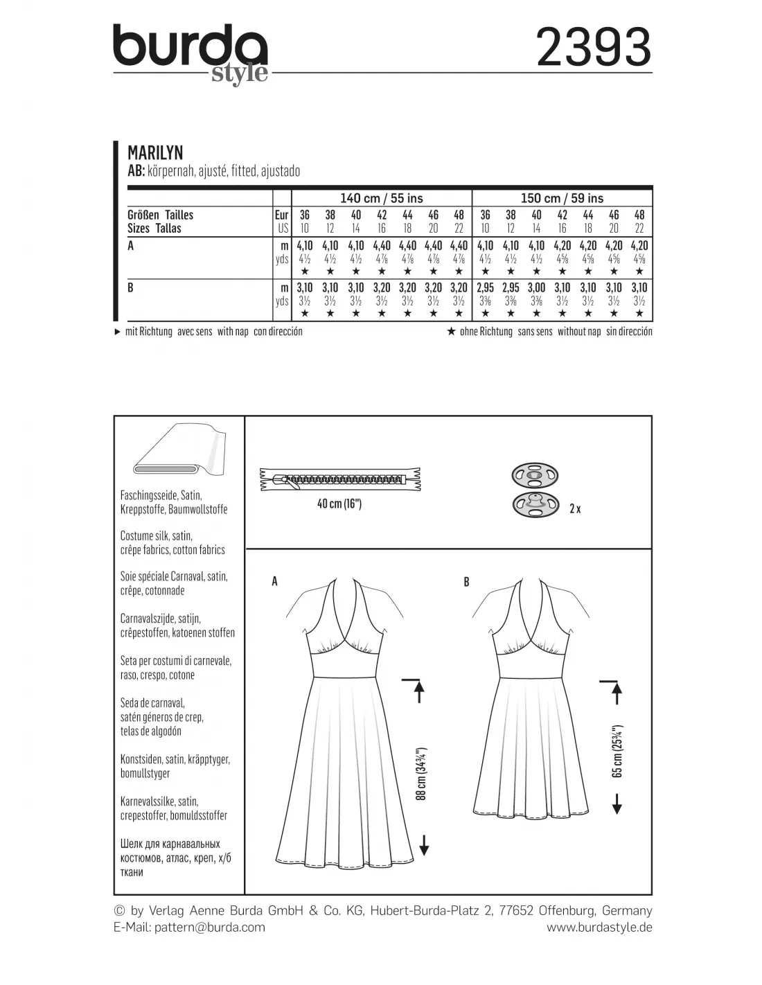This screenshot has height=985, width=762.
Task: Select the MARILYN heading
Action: point(155,152)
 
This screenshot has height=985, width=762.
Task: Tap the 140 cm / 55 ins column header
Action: point(382,198)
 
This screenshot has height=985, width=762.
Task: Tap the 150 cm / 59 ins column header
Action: point(562,198)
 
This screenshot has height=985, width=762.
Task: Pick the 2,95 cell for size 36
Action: point(485,287)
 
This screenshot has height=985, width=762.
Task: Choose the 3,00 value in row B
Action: point(536,287)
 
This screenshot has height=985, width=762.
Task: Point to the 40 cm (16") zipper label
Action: point(339,504)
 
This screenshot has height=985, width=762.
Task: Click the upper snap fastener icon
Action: point(532,475)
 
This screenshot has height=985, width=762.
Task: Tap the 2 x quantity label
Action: point(574,508)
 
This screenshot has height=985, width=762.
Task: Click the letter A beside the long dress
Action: point(275,582)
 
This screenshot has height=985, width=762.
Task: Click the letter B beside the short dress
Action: point(466,582)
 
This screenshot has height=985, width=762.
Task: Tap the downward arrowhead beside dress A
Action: point(424,846)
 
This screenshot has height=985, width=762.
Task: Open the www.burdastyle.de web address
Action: point(599,928)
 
